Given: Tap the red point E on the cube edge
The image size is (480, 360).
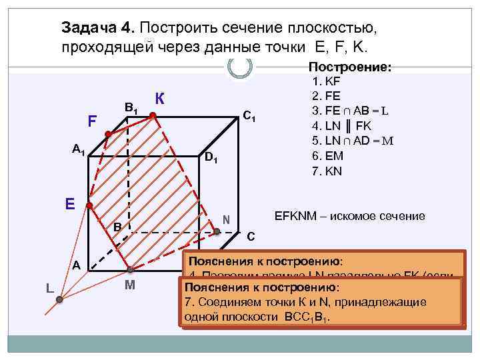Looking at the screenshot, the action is [x=90, y=205].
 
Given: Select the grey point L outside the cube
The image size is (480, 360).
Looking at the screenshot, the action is [x=59, y=300].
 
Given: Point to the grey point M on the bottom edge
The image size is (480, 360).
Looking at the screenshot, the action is [x=131, y=270].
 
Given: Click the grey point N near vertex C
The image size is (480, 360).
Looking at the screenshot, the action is [x=217, y=231].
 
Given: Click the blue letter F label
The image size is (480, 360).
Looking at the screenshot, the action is [x=93, y=122].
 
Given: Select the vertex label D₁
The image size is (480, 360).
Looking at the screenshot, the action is [x=211, y=159].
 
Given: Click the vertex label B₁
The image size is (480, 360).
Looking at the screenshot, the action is [x=131, y=107].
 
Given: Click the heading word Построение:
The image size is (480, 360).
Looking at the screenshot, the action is [x=349, y=67].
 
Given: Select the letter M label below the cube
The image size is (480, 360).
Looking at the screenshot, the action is [x=131, y=287].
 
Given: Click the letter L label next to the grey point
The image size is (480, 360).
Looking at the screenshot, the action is [x=50, y=287].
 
